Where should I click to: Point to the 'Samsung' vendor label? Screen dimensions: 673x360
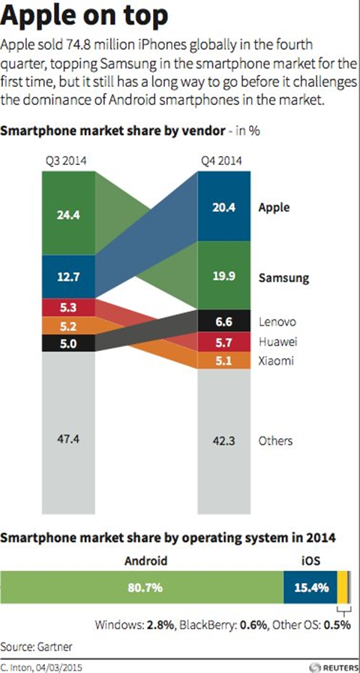[x=283, y=277]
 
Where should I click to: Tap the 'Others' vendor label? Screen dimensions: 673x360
[x=274, y=440]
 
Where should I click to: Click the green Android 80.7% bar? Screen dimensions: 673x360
[x=142, y=587]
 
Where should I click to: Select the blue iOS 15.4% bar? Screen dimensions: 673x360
[x=310, y=587]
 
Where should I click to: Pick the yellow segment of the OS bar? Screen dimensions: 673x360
[x=341, y=587]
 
